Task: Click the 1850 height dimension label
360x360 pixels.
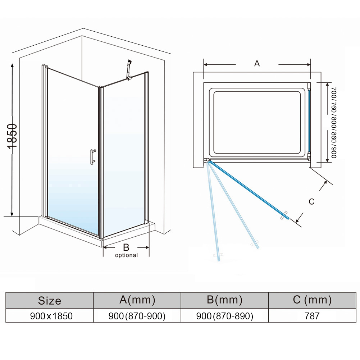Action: [x=12, y=136]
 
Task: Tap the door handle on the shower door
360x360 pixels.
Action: [x=92, y=156]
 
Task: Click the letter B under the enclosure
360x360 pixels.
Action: [x=126, y=247]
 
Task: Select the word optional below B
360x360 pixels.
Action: [x=126, y=255]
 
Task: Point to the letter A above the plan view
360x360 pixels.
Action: [x=257, y=64]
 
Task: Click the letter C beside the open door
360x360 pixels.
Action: [x=311, y=202]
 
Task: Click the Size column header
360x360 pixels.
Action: [x=50, y=301]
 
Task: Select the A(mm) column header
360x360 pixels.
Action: [x=137, y=300]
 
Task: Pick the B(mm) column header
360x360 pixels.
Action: [x=224, y=300]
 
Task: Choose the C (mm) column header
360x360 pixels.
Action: [x=312, y=300]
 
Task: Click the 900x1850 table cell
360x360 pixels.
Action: [x=50, y=316]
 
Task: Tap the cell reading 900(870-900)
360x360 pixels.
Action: [x=137, y=316]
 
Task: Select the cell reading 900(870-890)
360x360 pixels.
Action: [x=224, y=316]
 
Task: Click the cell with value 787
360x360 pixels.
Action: [x=312, y=316]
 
